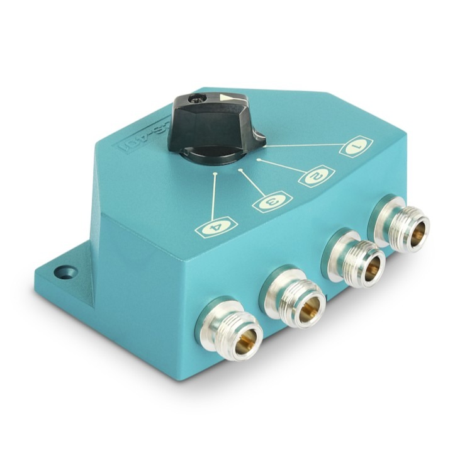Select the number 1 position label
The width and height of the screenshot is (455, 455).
(x=357, y=148)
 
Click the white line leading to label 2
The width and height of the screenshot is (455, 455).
(x=283, y=167)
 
